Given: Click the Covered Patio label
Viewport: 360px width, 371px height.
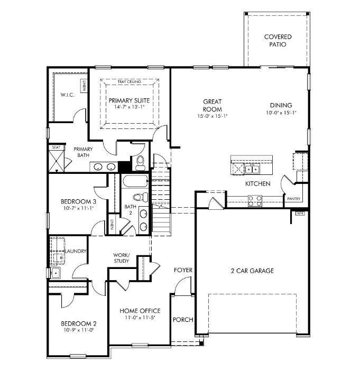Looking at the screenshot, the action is pos(278,41).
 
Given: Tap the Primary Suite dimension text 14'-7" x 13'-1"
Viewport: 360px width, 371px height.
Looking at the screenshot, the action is pos(129,107).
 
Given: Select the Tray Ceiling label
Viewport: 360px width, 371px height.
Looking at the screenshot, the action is pos(129,81).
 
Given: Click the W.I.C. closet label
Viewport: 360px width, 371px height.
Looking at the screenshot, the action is pos(67,95).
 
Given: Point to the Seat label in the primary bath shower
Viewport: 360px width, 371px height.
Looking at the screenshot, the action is pos(56,147).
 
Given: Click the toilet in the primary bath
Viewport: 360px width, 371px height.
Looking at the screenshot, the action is pos(141,163).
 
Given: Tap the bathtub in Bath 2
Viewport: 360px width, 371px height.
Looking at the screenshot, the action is pos(135,181).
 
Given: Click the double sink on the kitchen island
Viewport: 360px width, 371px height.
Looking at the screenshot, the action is pos(252,170).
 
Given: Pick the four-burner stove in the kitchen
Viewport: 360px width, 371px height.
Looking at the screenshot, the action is pos(255,201).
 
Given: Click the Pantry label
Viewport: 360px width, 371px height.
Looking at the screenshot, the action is pos(294,199).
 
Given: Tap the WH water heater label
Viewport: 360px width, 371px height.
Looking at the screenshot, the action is pos(300,214).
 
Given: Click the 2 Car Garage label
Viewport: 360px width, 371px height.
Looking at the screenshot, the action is pos(252,271).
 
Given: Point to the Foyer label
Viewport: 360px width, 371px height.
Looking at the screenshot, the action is pos(183,270).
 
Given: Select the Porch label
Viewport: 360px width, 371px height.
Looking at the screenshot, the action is pos(183,320).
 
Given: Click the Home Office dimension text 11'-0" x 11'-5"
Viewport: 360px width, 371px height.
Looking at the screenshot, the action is pos(140,318).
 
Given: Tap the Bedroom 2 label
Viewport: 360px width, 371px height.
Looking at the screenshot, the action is pos(79,323).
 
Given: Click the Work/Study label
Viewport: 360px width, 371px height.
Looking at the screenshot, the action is pos(122,258).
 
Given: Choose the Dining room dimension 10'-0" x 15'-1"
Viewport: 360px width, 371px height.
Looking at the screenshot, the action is pos(281,113).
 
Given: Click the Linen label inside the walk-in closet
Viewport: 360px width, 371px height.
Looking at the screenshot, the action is pos(84,86).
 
